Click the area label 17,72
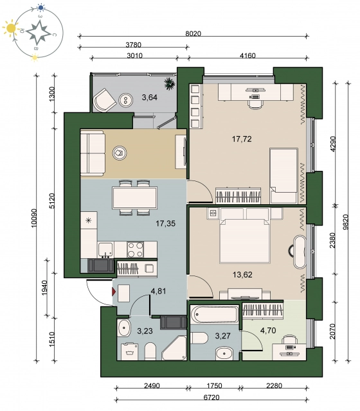(242, 139)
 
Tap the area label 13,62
(242, 274)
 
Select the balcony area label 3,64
(150, 98)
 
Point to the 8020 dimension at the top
(193, 33)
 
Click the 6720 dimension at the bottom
(212, 398)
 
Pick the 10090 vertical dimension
(34, 218)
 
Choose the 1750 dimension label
(214, 385)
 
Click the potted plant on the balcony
(170, 84)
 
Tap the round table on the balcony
(125, 100)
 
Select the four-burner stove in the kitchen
(136, 249)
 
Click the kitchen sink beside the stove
(106, 250)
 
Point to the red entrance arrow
(114, 292)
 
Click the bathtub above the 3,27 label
(215, 313)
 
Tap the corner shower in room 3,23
(174, 347)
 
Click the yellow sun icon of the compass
(12, 28)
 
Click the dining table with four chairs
(134, 198)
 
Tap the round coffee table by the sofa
(120, 153)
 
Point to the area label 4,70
(268, 330)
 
